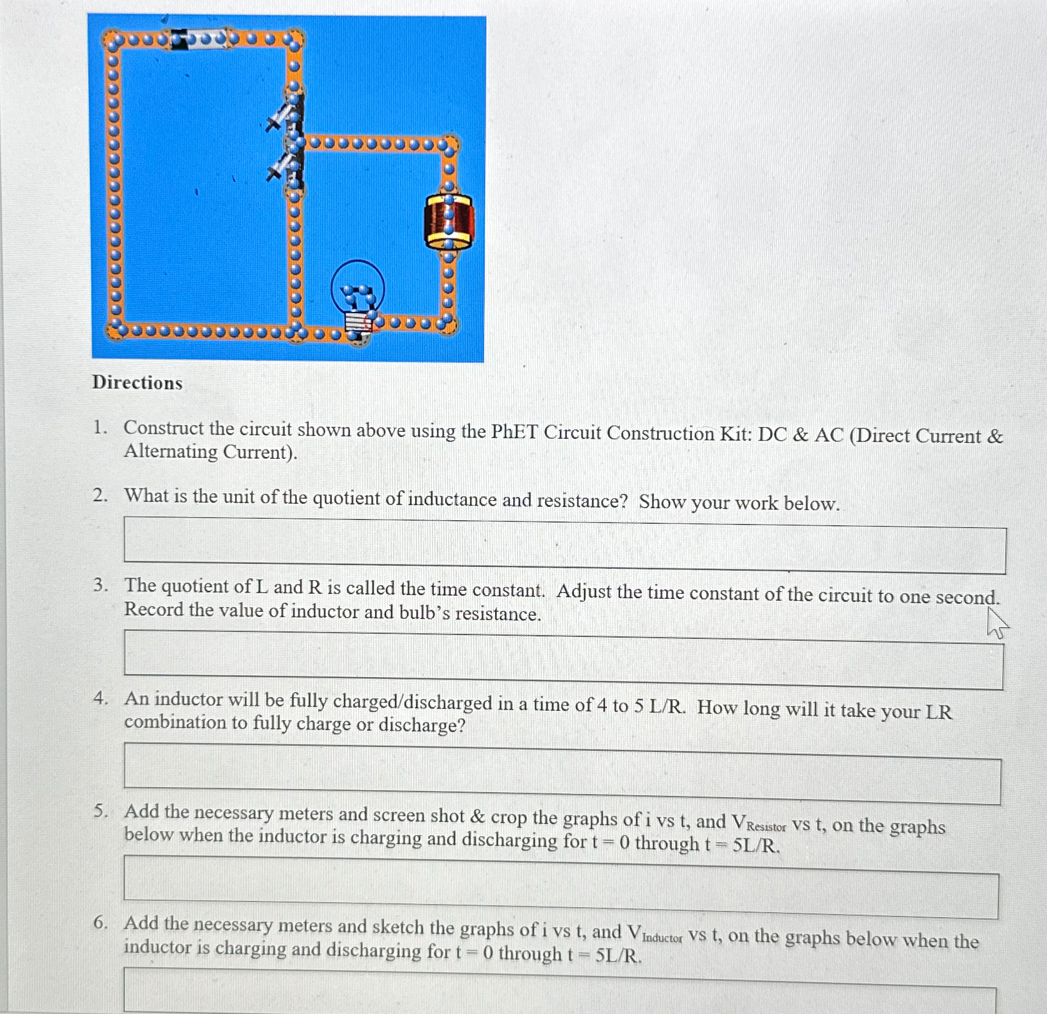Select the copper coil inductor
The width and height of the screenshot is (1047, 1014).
(448, 221)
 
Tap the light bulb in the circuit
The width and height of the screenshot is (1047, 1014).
(358, 294)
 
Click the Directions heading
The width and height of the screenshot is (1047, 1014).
(138, 383)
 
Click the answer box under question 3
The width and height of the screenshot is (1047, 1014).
(563, 659)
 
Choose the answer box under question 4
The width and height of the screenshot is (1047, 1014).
(562, 773)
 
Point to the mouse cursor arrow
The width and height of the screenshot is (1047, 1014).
(996, 623)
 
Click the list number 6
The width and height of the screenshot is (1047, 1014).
(100, 923)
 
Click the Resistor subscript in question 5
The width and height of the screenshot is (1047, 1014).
(766, 827)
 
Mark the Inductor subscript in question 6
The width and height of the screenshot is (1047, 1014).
(662, 938)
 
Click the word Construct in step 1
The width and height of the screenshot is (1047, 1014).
(163, 428)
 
